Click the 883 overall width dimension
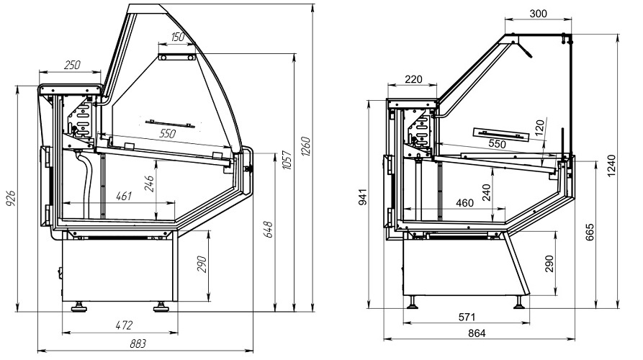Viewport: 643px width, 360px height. [138, 343]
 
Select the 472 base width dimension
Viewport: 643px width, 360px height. [125, 325]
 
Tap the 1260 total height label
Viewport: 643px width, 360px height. [306, 146]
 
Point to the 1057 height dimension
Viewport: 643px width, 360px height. [287, 161]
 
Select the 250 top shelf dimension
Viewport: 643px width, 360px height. [72, 65]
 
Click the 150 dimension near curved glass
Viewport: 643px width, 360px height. [177, 37]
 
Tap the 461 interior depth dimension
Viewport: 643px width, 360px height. [124, 196]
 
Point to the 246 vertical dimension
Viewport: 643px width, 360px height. [149, 184]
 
